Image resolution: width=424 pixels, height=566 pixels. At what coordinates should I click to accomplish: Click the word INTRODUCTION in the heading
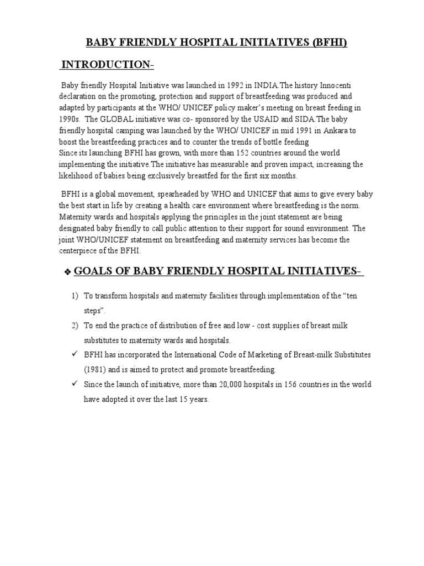[105, 65]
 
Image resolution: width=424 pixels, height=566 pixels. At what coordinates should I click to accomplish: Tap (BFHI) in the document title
[330, 43]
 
